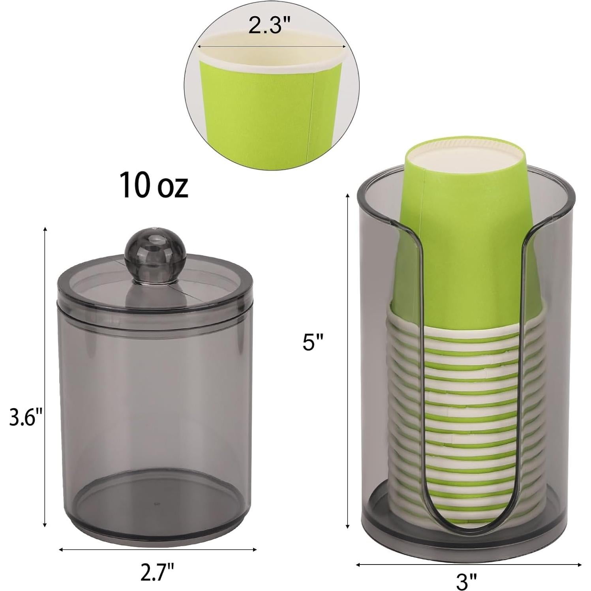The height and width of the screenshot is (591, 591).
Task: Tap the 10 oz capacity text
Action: click(x=154, y=184)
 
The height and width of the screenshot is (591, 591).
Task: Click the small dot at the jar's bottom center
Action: click(x=157, y=504)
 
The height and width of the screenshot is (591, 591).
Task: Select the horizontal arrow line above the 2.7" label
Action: click(x=158, y=549)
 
